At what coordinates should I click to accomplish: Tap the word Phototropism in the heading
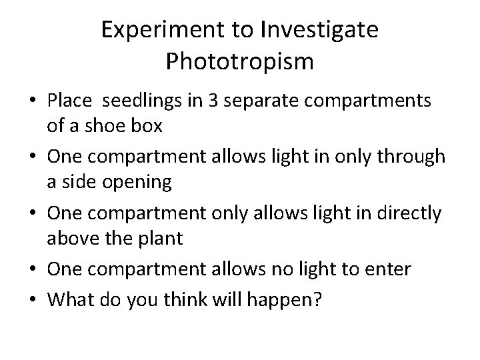coord(239,61)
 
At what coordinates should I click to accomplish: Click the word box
coord(150,125)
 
